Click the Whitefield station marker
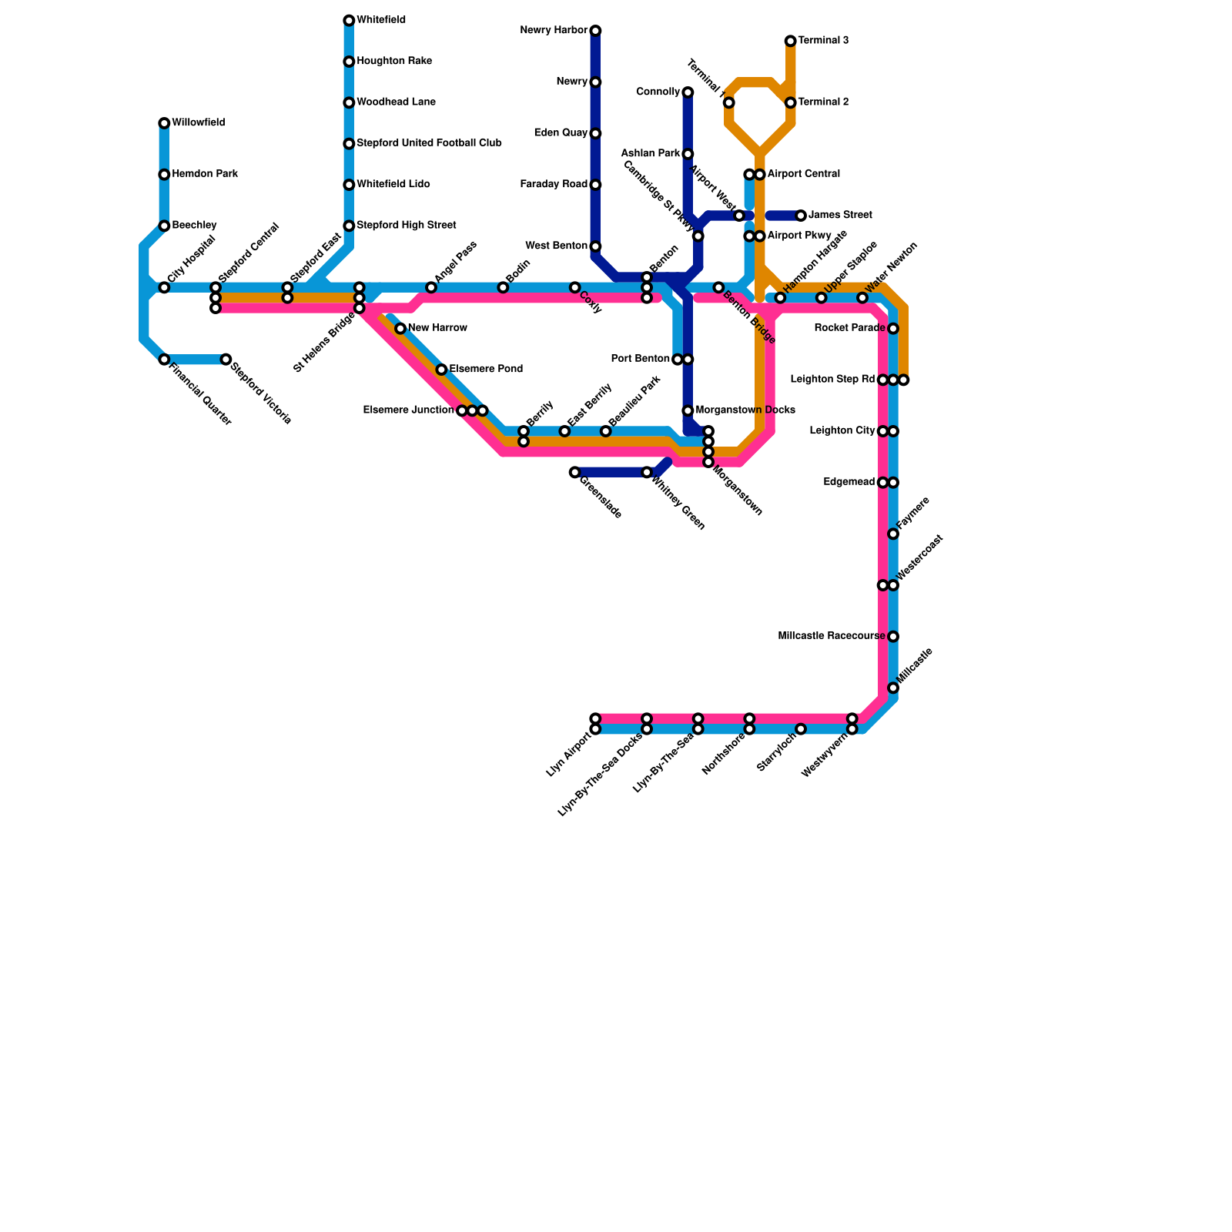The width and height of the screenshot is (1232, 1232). [x=349, y=20]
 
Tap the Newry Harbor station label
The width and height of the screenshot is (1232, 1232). [x=554, y=31]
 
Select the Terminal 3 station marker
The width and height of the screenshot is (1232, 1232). [x=790, y=41]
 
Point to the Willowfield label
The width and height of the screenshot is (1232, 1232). [x=198, y=123]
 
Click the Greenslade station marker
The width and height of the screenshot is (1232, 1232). [x=574, y=472]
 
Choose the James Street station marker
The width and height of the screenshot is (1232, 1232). [x=801, y=216]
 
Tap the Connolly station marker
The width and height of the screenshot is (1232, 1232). [x=688, y=92]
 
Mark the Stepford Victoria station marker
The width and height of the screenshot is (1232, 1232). [x=226, y=360]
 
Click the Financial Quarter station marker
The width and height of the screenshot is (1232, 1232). [x=164, y=360]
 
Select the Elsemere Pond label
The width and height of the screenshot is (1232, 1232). [x=486, y=370]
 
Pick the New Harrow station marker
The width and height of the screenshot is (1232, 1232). [x=400, y=329]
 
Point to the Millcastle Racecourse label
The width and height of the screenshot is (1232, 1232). [x=831, y=637]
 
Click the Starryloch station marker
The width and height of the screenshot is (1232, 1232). [x=801, y=729]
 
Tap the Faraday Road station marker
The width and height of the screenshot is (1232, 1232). [x=595, y=185]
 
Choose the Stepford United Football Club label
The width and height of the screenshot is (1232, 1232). [x=429, y=143]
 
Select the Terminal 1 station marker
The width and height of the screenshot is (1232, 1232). [x=728, y=102]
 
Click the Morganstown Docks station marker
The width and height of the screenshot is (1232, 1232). [x=688, y=410]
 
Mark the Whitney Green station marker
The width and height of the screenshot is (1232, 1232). [x=647, y=472]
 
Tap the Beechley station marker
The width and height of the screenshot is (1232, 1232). [x=164, y=226]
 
